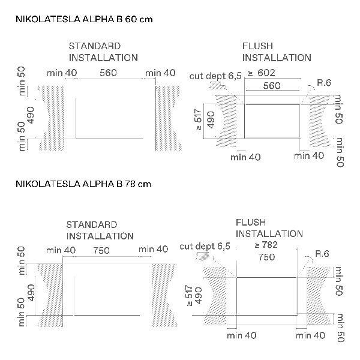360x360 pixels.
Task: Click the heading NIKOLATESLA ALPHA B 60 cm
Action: pyautogui.click(x=84, y=19)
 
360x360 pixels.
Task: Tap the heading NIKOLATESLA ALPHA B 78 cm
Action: pyautogui.click(x=83, y=184)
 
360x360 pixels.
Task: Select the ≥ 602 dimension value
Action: pyautogui.click(x=261, y=73)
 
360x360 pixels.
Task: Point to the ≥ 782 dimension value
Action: pyautogui.click(x=266, y=245)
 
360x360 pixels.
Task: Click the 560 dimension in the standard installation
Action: pyautogui.click(x=108, y=73)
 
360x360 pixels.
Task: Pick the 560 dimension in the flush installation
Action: pyautogui.click(x=272, y=86)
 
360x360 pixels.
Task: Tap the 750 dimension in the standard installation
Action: pyautogui.click(x=101, y=250)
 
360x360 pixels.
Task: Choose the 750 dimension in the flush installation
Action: pyautogui.click(x=266, y=257)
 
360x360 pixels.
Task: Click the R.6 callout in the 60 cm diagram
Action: pyautogui.click(x=324, y=83)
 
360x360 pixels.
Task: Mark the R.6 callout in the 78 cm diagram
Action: pyautogui.click(x=322, y=254)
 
